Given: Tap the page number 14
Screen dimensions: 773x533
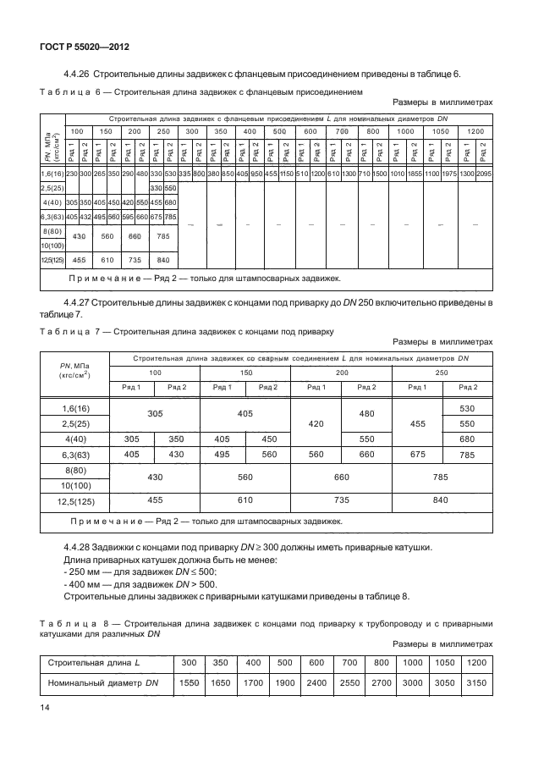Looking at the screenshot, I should point(44,704).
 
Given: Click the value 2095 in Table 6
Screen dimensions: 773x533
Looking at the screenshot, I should point(483,173).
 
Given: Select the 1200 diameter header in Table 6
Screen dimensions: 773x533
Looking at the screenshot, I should point(475,131).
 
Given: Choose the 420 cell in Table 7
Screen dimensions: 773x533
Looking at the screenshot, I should point(316,424).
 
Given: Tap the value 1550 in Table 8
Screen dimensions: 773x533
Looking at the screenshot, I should point(190,682).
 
